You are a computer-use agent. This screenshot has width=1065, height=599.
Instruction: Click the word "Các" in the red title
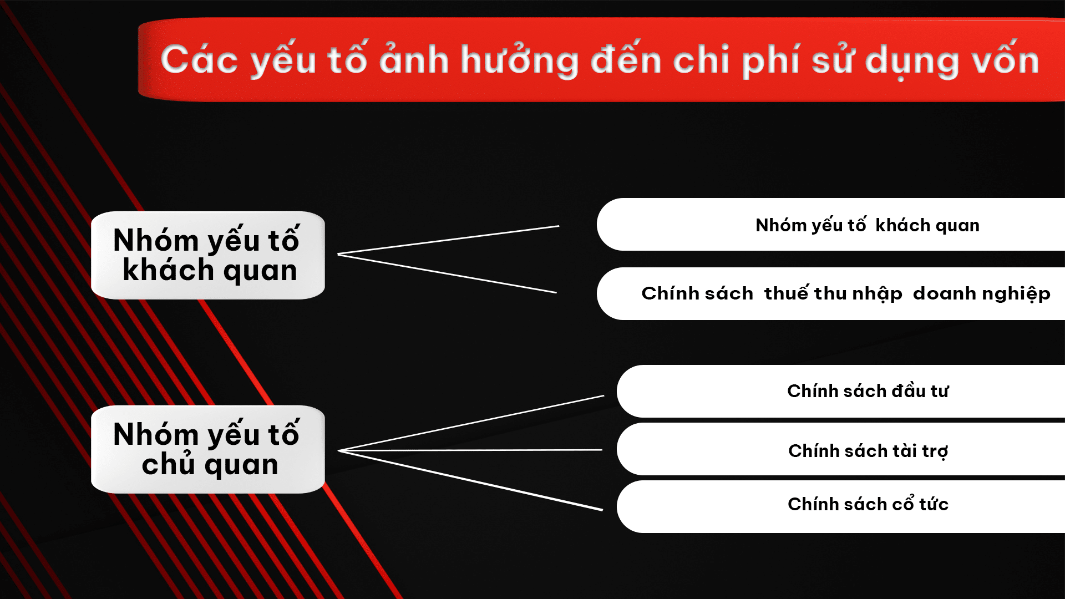pyautogui.click(x=200, y=60)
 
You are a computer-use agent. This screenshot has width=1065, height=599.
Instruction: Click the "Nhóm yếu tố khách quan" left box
pyautogui.click(x=208, y=255)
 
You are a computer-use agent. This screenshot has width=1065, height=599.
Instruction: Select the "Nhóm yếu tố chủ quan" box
pyautogui.click(x=208, y=449)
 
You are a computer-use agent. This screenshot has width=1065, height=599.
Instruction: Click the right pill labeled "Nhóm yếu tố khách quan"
pyautogui.click(x=831, y=225)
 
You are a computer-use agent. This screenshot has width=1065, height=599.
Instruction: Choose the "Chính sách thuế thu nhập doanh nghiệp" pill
pyautogui.click(x=831, y=293)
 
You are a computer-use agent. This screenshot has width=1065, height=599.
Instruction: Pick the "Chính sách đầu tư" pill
pyautogui.click(x=841, y=391)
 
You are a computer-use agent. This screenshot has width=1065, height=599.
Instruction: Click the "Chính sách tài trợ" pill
pyautogui.click(x=841, y=449)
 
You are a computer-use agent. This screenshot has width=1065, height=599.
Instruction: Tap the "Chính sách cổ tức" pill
pyautogui.click(x=841, y=506)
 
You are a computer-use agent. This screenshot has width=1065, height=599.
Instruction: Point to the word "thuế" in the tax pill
pyautogui.click(x=786, y=292)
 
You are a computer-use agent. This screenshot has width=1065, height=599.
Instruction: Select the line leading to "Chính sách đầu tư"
pyautogui.click(x=471, y=423)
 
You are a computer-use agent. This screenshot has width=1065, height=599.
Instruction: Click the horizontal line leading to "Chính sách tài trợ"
pyautogui.click(x=470, y=450)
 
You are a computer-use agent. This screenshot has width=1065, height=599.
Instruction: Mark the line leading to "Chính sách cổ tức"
pyautogui.click(x=470, y=480)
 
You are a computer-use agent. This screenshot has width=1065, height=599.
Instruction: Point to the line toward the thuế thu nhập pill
pyautogui.click(x=447, y=273)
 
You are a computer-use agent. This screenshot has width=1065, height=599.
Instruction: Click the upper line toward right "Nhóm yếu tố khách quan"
pyautogui.click(x=448, y=240)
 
